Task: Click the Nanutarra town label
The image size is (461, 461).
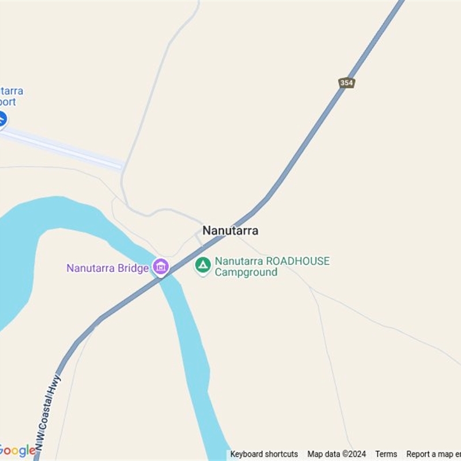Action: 230,231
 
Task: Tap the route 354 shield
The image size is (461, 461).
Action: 346,83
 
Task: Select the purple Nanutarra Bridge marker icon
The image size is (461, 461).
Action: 161,267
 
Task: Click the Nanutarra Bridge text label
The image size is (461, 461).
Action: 108,268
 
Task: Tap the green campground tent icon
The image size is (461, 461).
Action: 202,265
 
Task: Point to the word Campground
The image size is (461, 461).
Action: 246,272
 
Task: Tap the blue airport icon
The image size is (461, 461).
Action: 2,119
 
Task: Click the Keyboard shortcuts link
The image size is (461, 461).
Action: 264,454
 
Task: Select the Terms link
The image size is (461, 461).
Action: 386,454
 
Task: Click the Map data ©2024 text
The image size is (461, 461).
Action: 337,454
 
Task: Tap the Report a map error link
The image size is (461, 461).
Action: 433,454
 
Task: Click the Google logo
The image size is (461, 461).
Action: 17,450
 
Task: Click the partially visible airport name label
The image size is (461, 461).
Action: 12,96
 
